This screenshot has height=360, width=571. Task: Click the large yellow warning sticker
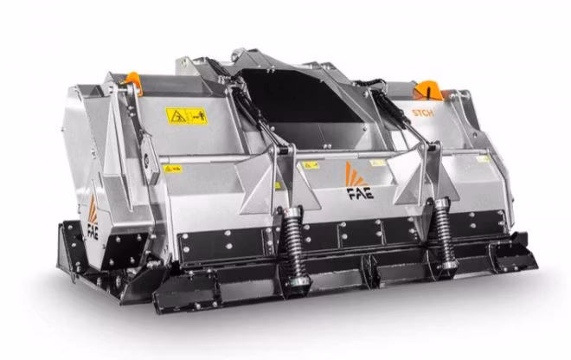[185, 115]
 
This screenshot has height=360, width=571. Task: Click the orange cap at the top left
[132, 82]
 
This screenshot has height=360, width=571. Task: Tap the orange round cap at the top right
[427, 90]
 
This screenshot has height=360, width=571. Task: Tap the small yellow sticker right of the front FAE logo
[377, 162]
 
